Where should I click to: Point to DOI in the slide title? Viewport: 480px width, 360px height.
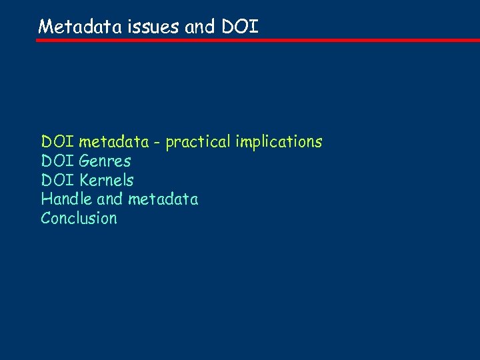pyautogui.click(x=239, y=27)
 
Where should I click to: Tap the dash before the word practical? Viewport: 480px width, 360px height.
pyautogui.click(x=157, y=143)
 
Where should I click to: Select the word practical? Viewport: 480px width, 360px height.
pyautogui.click(x=197, y=143)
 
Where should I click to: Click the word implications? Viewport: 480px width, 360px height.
pyautogui.click(x=278, y=143)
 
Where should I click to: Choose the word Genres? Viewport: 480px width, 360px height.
pyautogui.click(x=105, y=161)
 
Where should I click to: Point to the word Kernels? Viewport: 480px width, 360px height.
pyautogui.click(x=106, y=180)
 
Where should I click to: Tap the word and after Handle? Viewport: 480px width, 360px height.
pyautogui.click(x=110, y=199)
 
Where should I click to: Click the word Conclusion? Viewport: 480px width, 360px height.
pyautogui.click(x=79, y=219)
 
